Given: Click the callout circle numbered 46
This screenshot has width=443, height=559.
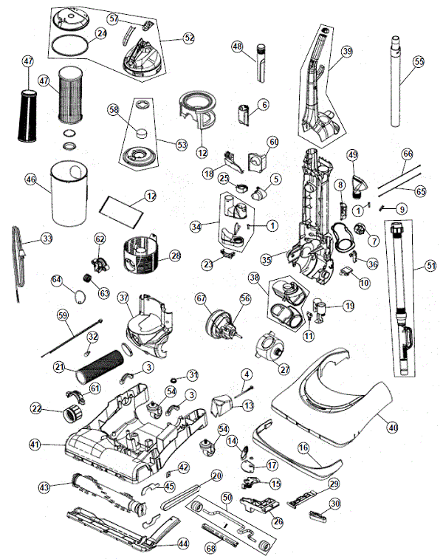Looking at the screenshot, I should pos(30,179).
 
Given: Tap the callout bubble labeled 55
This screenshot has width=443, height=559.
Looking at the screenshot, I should pos(419,63).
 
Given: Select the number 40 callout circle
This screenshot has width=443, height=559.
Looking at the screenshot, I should pos(391,426).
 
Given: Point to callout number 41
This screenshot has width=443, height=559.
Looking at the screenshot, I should pos(34,445).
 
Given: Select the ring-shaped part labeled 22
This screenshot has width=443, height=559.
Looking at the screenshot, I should pos(75,408).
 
